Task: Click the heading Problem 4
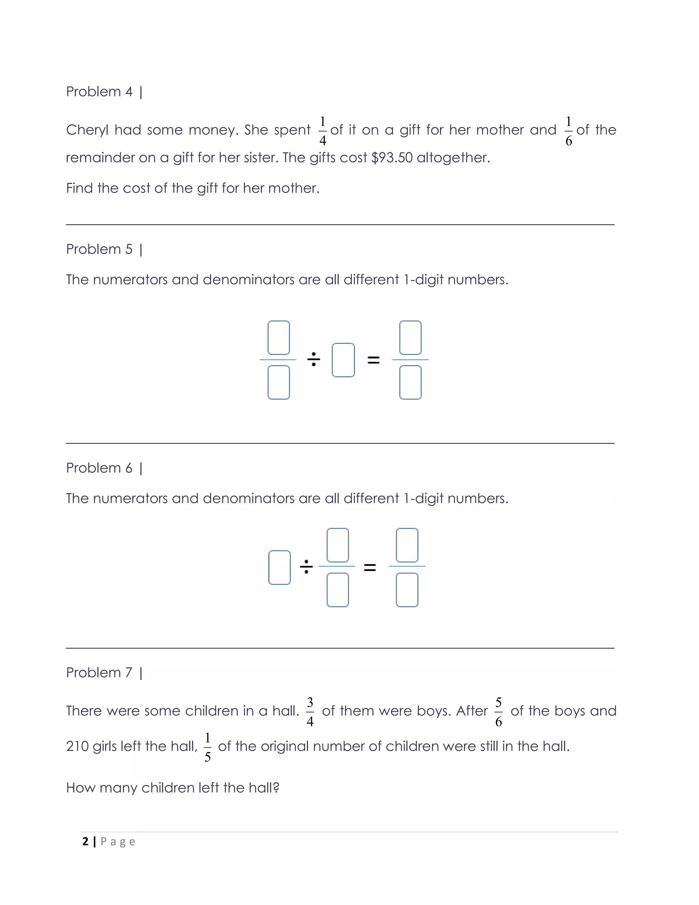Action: coord(99,92)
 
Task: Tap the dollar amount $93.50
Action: coord(392,157)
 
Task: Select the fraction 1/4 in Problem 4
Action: coord(323,131)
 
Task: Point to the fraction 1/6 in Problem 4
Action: coord(569,131)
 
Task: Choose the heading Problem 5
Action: coord(99,249)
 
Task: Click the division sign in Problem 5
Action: coord(313,359)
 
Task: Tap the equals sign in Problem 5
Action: coord(373,360)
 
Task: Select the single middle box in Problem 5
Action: coord(343,360)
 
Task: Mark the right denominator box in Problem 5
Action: coord(410,382)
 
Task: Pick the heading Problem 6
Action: coord(99,468)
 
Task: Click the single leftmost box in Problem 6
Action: coord(280,567)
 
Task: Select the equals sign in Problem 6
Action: coord(370,567)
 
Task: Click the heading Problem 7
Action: coord(99,672)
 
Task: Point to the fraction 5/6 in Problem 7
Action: coord(499,712)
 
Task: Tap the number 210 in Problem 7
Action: coord(77,746)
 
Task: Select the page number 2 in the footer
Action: coord(85,841)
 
